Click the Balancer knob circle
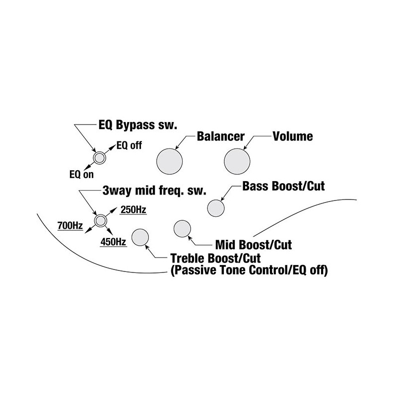pos(169,161)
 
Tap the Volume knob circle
pos(237,161)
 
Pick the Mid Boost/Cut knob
pos(182,228)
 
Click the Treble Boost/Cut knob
pos(140,237)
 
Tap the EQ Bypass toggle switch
pos(99,158)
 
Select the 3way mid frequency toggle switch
pos(101,220)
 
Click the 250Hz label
pos(133,210)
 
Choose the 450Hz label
pos(113,242)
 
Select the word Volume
pos(293,135)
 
